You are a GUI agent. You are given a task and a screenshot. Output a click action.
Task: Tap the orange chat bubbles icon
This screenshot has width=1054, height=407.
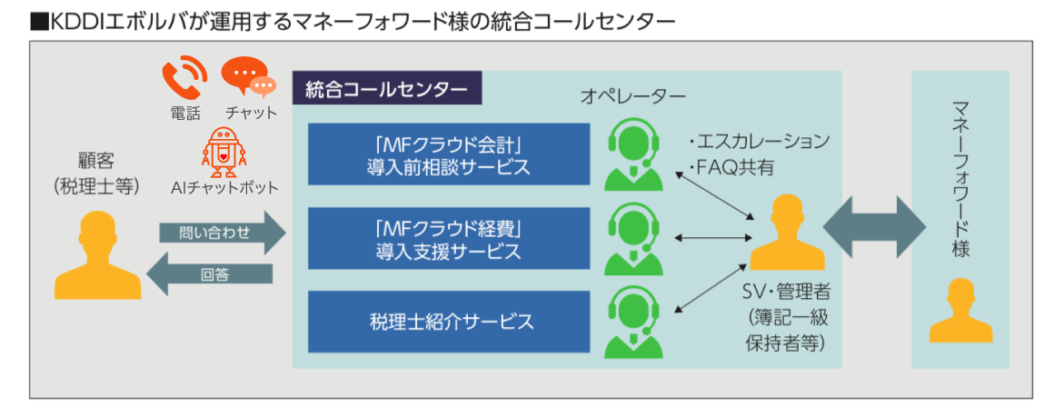click(248, 77)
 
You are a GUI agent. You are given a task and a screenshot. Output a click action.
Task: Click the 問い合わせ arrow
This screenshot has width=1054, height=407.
click(223, 233)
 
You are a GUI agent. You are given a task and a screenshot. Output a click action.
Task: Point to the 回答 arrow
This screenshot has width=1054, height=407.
click(209, 274)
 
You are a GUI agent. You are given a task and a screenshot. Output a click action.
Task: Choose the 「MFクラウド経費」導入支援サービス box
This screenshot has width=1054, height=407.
click(449, 238)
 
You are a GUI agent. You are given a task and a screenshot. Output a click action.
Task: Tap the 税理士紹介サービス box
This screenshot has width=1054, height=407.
click(449, 322)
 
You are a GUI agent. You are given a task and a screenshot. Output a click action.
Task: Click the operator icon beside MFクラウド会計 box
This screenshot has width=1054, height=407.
click(632, 155)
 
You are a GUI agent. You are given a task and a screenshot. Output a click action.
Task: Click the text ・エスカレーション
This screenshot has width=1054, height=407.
click(759, 143)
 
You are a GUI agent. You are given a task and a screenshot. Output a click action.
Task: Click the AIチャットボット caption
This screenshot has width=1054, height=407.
click(224, 188)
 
